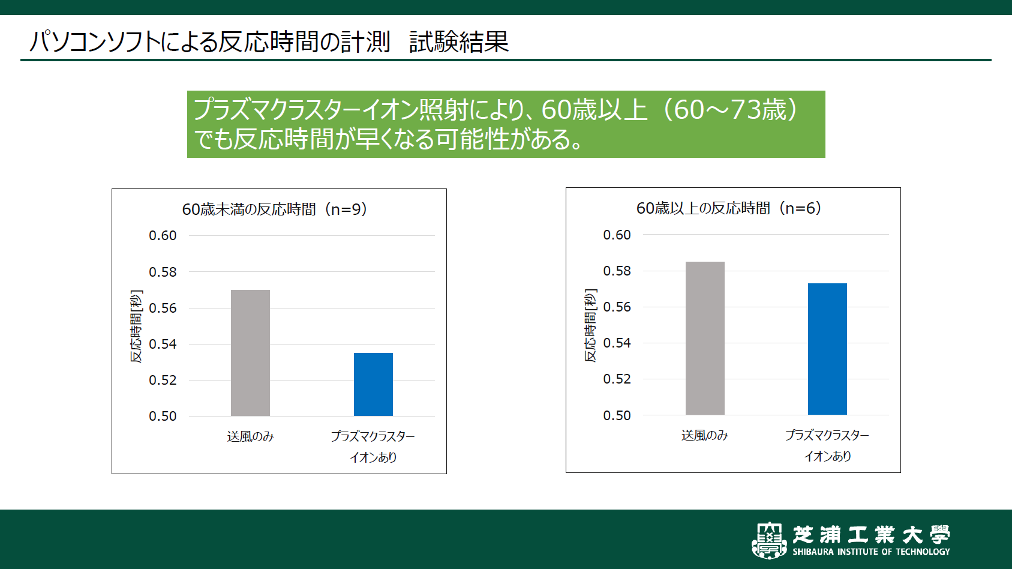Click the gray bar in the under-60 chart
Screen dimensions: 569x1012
coord(250,353)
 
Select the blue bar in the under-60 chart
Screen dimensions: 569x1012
coord(373,384)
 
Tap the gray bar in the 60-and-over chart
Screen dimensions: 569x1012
coord(705,338)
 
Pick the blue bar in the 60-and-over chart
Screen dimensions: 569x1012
coord(827,349)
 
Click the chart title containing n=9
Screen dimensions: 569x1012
coord(274,209)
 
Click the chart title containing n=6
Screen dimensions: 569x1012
coord(728,208)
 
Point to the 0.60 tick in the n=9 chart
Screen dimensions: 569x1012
coord(163,235)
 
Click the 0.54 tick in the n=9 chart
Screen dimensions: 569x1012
coord(163,344)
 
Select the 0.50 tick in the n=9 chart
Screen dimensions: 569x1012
coord(163,416)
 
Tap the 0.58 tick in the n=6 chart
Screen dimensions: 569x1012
coord(617,271)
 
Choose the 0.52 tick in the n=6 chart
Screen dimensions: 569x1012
coord(617,379)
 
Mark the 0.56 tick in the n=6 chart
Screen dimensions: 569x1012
coord(617,307)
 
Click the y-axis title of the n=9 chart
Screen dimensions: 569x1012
coord(137,326)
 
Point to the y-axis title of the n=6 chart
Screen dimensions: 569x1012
coord(591,325)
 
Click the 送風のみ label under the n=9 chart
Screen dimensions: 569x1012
coord(250,436)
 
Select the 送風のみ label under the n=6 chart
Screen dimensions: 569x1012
coord(704,435)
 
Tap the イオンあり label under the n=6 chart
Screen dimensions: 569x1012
coord(827,456)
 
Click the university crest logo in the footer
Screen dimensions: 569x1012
coord(769,540)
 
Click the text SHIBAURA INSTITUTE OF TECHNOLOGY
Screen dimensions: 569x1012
coord(871,552)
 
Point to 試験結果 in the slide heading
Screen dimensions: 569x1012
coord(459,42)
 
